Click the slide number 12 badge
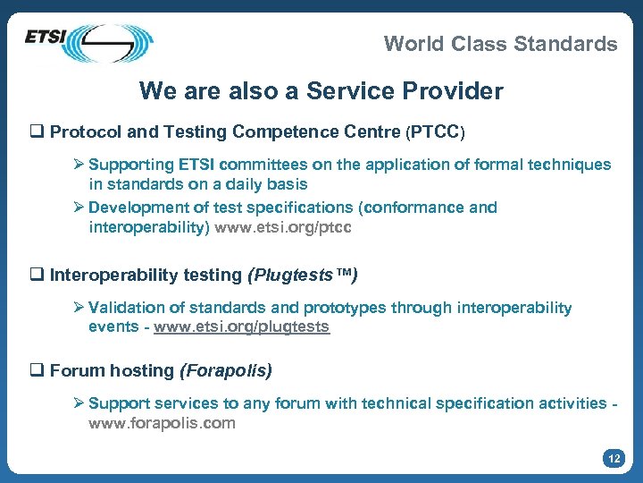pyautogui.click(x=613, y=459)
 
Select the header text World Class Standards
pyautogui.click(x=500, y=44)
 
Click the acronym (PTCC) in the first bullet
pyautogui.click(x=436, y=132)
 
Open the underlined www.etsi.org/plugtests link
pyautogui.click(x=241, y=327)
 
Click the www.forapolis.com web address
pyautogui.click(x=162, y=423)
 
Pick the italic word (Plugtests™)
pyautogui.click(x=302, y=275)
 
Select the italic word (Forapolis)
pyautogui.click(x=226, y=370)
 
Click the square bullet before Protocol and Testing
pyautogui.click(x=38, y=132)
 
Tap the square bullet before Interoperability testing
pyautogui.click(x=38, y=275)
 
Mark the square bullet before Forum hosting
pyautogui.click(x=38, y=370)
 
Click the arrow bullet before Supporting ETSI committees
pyautogui.click(x=79, y=165)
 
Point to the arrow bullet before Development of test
pyautogui.click(x=79, y=208)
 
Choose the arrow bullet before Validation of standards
pyautogui.click(x=79, y=308)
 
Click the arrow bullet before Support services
pyautogui.click(x=79, y=403)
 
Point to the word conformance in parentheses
pyautogui.click(x=414, y=208)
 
